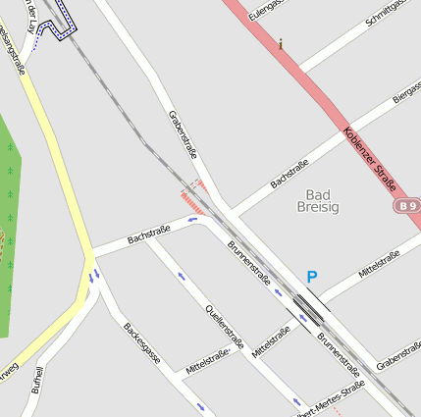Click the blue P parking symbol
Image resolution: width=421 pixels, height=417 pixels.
tap(312, 278)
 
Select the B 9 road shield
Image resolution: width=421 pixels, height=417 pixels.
tap(408, 206)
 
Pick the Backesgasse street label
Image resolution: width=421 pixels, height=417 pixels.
tap(142, 343)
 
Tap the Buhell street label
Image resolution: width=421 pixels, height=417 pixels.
tap(38, 381)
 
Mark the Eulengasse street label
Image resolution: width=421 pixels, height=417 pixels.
tap(266, 9)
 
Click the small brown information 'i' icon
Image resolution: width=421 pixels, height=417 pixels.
tap(281, 44)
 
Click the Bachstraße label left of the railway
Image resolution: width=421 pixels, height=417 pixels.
tap(149, 235)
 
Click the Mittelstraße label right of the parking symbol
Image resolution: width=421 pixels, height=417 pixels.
tap(379, 264)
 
